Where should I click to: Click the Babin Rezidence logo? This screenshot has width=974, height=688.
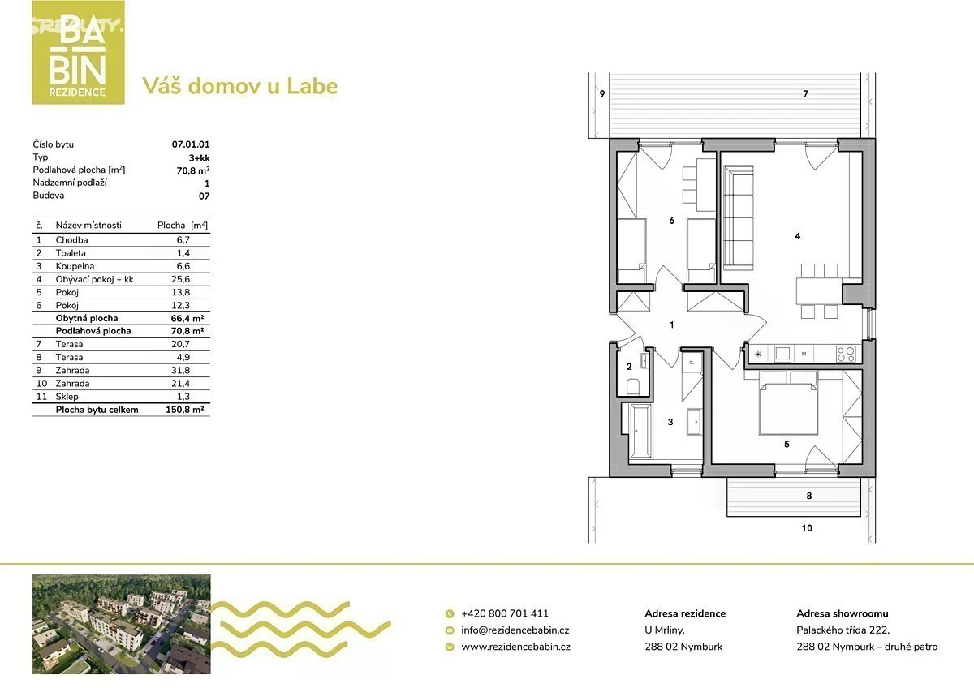point(78,53)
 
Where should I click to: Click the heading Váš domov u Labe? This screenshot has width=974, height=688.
point(240,86)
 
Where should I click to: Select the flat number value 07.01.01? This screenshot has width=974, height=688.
point(191,144)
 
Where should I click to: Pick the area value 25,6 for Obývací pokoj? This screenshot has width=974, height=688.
point(180,279)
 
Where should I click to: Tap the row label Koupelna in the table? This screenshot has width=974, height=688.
point(75,266)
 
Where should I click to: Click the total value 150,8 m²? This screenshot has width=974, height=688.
point(185,410)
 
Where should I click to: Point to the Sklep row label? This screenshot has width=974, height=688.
point(67,397)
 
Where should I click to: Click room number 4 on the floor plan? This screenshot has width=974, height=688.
point(797,236)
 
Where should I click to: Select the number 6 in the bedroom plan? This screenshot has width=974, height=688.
point(672,221)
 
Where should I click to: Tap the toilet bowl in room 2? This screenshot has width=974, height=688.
point(633,386)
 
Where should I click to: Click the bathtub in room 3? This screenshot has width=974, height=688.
point(641,431)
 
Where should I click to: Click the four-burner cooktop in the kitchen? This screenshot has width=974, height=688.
point(846,354)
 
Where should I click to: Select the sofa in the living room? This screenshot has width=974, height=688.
point(739,217)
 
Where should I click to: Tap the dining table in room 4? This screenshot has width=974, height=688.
point(819,290)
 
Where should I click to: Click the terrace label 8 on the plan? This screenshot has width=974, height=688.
point(808,496)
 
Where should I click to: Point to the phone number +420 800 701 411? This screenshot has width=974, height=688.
point(505,613)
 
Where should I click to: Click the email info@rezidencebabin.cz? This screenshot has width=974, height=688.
point(515,630)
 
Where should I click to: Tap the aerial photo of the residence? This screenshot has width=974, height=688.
point(122,625)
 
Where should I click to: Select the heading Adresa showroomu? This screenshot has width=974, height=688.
point(843,613)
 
